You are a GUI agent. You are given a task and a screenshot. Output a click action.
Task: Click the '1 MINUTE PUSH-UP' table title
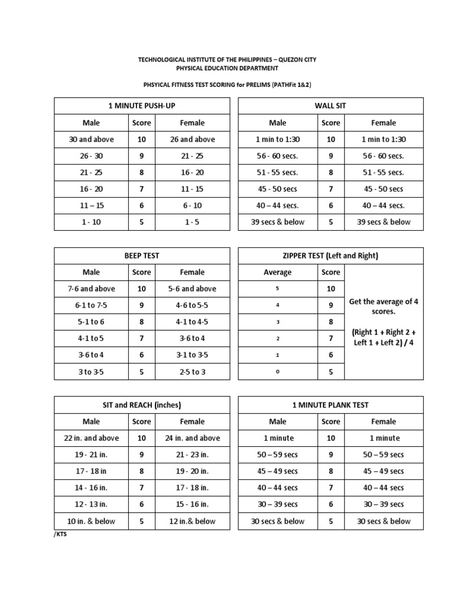[x=141, y=106]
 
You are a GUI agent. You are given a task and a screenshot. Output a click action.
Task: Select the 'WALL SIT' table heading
[x=330, y=106]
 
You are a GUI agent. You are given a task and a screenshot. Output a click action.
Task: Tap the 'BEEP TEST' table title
[x=141, y=256]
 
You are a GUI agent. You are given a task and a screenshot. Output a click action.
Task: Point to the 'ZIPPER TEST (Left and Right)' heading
[x=330, y=256]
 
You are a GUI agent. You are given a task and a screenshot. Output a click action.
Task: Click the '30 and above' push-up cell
[x=92, y=140]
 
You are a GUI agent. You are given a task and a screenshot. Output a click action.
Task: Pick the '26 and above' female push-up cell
[x=192, y=140]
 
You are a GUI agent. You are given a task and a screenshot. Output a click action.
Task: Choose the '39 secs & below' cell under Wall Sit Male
[x=277, y=222]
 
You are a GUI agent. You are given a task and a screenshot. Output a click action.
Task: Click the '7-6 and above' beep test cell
[x=92, y=289]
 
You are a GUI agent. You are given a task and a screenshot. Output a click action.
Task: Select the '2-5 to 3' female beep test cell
[x=192, y=372]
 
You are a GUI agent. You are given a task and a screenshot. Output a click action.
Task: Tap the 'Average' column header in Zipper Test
[x=277, y=272]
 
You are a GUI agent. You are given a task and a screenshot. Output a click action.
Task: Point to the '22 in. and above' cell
[x=92, y=439]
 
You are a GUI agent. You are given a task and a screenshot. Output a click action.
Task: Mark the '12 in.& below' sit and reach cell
[x=192, y=521]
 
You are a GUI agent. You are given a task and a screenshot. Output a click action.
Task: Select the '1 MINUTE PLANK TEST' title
[x=330, y=405]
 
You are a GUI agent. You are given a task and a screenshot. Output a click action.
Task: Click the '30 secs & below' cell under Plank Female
[x=383, y=521]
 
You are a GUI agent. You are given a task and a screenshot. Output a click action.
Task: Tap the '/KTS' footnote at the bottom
[x=60, y=534]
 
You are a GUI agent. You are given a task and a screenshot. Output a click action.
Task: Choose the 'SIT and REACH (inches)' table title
[x=141, y=405]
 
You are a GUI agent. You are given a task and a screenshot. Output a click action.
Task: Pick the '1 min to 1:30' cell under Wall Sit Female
[x=383, y=140]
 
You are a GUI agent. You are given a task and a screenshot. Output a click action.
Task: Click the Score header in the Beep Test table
[x=141, y=272]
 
